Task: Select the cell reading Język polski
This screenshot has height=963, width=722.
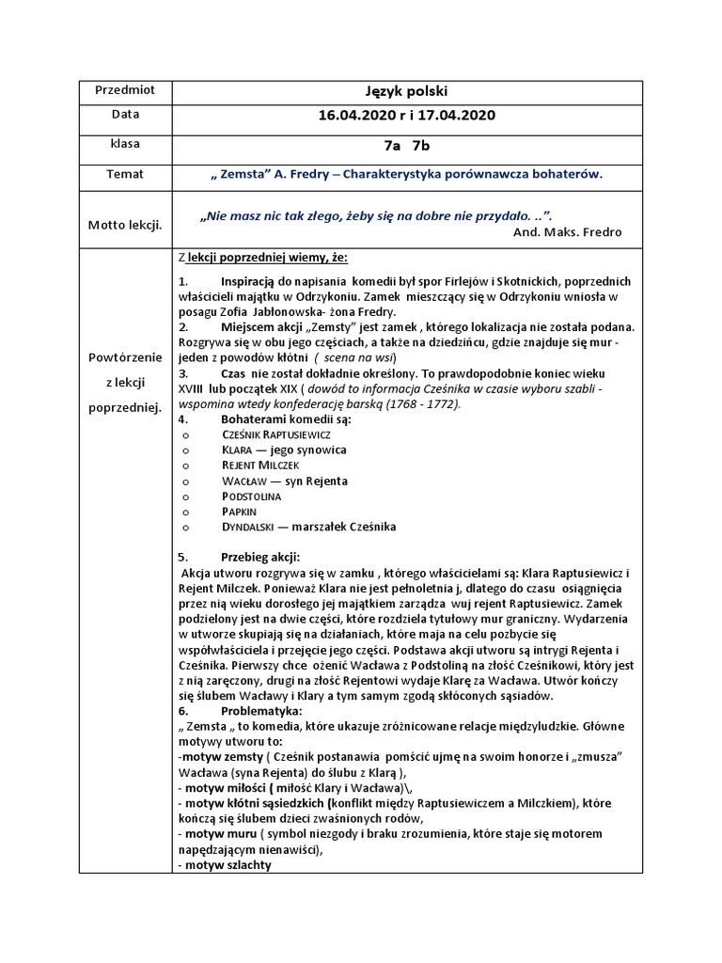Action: [x=406, y=91]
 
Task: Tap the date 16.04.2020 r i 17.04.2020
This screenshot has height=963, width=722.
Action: [x=406, y=116]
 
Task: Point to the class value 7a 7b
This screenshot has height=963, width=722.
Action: [x=406, y=146]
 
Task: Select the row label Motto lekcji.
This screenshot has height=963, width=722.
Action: [x=125, y=225]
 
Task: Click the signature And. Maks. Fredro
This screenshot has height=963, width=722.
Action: [x=568, y=231]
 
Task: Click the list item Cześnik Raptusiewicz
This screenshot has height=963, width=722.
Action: [x=275, y=434]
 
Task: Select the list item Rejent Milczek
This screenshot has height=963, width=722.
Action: [x=260, y=466]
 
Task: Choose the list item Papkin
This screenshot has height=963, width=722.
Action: [x=239, y=511]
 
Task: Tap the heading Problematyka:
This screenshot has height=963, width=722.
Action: [x=260, y=711]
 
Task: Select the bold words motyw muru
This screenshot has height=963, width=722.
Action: [x=217, y=834]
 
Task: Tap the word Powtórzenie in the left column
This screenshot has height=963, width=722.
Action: [x=125, y=357]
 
